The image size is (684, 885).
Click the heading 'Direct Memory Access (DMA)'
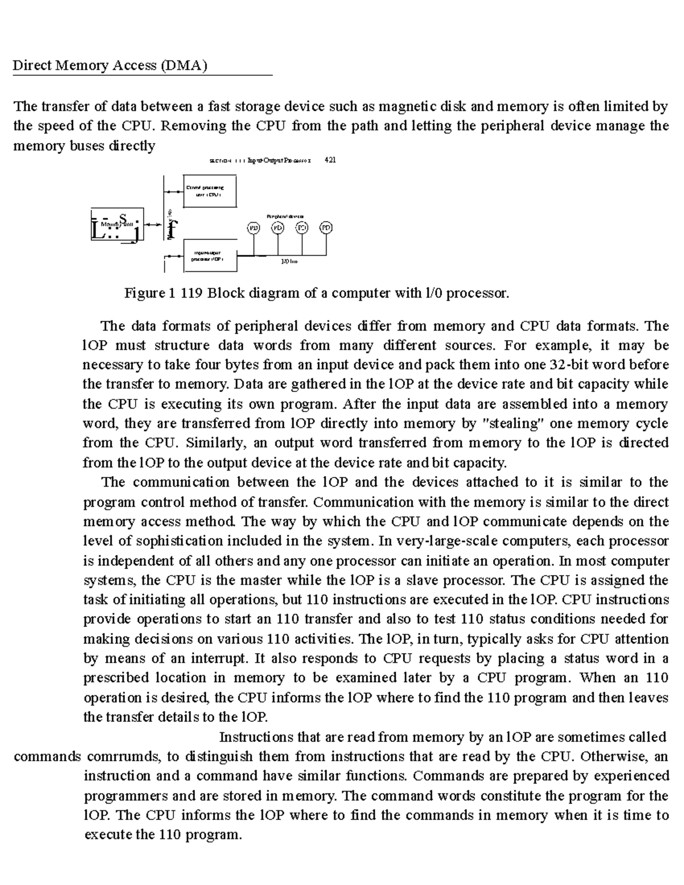point(109,66)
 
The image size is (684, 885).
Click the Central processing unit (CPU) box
point(210,191)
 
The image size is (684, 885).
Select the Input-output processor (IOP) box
point(210,256)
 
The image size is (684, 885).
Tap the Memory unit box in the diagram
point(117,225)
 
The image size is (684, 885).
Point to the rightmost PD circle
point(325,227)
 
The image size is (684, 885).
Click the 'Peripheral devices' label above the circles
point(286,216)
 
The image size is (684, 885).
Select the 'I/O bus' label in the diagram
point(290,262)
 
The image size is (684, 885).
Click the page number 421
point(330,160)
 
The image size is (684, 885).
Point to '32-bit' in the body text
point(572,365)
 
